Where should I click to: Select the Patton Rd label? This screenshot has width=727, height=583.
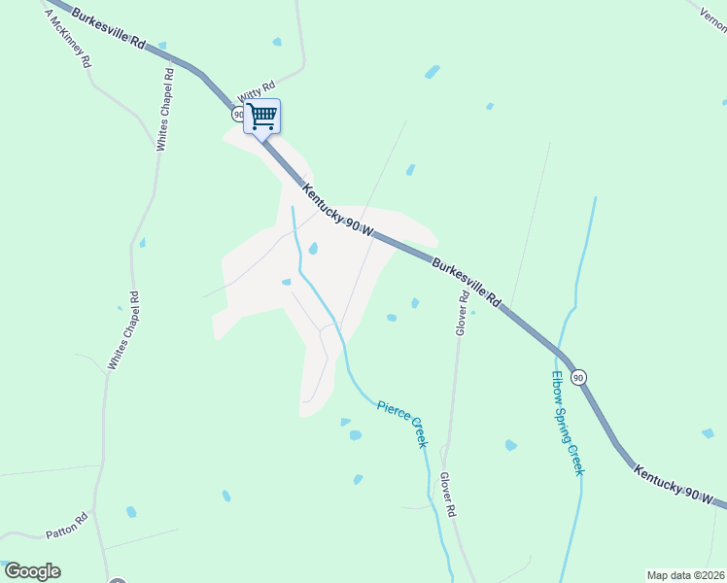(67, 526)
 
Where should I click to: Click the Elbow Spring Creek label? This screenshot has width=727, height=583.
(567, 422)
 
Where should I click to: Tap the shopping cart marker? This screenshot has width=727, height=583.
(261, 117)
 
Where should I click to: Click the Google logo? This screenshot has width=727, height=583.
(32, 571)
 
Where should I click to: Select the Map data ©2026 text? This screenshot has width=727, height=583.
(685, 574)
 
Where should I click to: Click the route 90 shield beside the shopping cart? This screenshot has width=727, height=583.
(238, 115)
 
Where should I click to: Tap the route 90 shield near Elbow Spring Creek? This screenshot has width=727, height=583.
(578, 377)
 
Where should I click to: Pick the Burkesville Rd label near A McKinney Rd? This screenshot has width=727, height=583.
(111, 30)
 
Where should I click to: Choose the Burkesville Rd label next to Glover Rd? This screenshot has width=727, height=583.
(466, 283)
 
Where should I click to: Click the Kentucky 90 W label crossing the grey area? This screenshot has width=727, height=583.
(338, 210)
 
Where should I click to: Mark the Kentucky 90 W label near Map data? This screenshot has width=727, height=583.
(679, 486)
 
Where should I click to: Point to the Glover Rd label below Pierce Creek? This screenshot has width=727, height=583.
(448, 495)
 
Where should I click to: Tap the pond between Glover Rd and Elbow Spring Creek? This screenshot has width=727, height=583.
(511, 445)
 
